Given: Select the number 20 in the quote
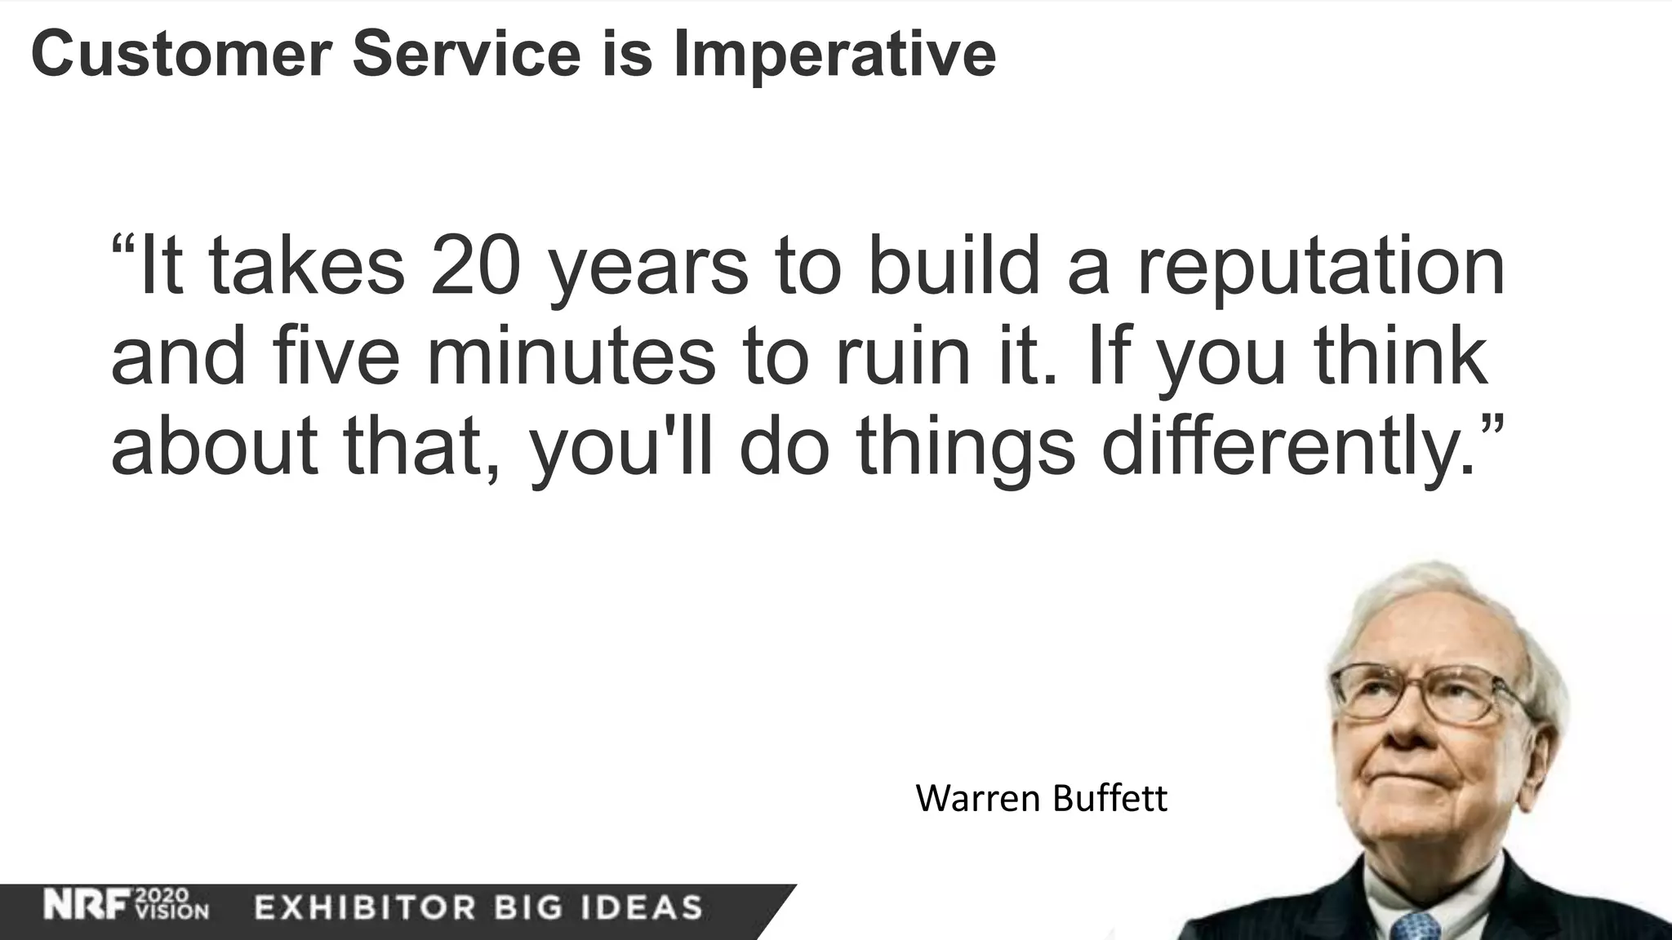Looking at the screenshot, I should click(475, 266).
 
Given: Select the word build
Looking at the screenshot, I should click(954, 266).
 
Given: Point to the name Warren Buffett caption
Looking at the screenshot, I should click(1041, 798).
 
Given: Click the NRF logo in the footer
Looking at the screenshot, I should click(88, 905).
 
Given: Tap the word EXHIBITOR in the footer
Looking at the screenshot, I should click(365, 907).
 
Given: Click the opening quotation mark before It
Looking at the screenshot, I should click(124, 245).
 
